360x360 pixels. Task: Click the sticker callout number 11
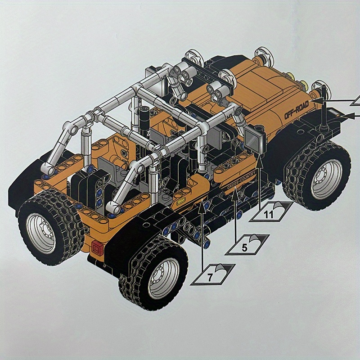pyautogui.click(x=268, y=215)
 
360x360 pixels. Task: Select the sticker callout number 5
pyautogui.click(x=244, y=248)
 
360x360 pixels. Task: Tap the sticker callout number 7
pyautogui.click(x=210, y=277)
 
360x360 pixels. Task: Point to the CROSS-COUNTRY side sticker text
pyautogui.click(x=241, y=180)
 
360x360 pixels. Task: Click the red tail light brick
pyautogui.click(x=97, y=248)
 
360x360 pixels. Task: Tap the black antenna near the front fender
pyautogui.click(x=323, y=108)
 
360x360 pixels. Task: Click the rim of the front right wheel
pyautogui.click(x=326, y=179)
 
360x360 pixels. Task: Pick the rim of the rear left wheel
pyautogui.click(x=41, y=234)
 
